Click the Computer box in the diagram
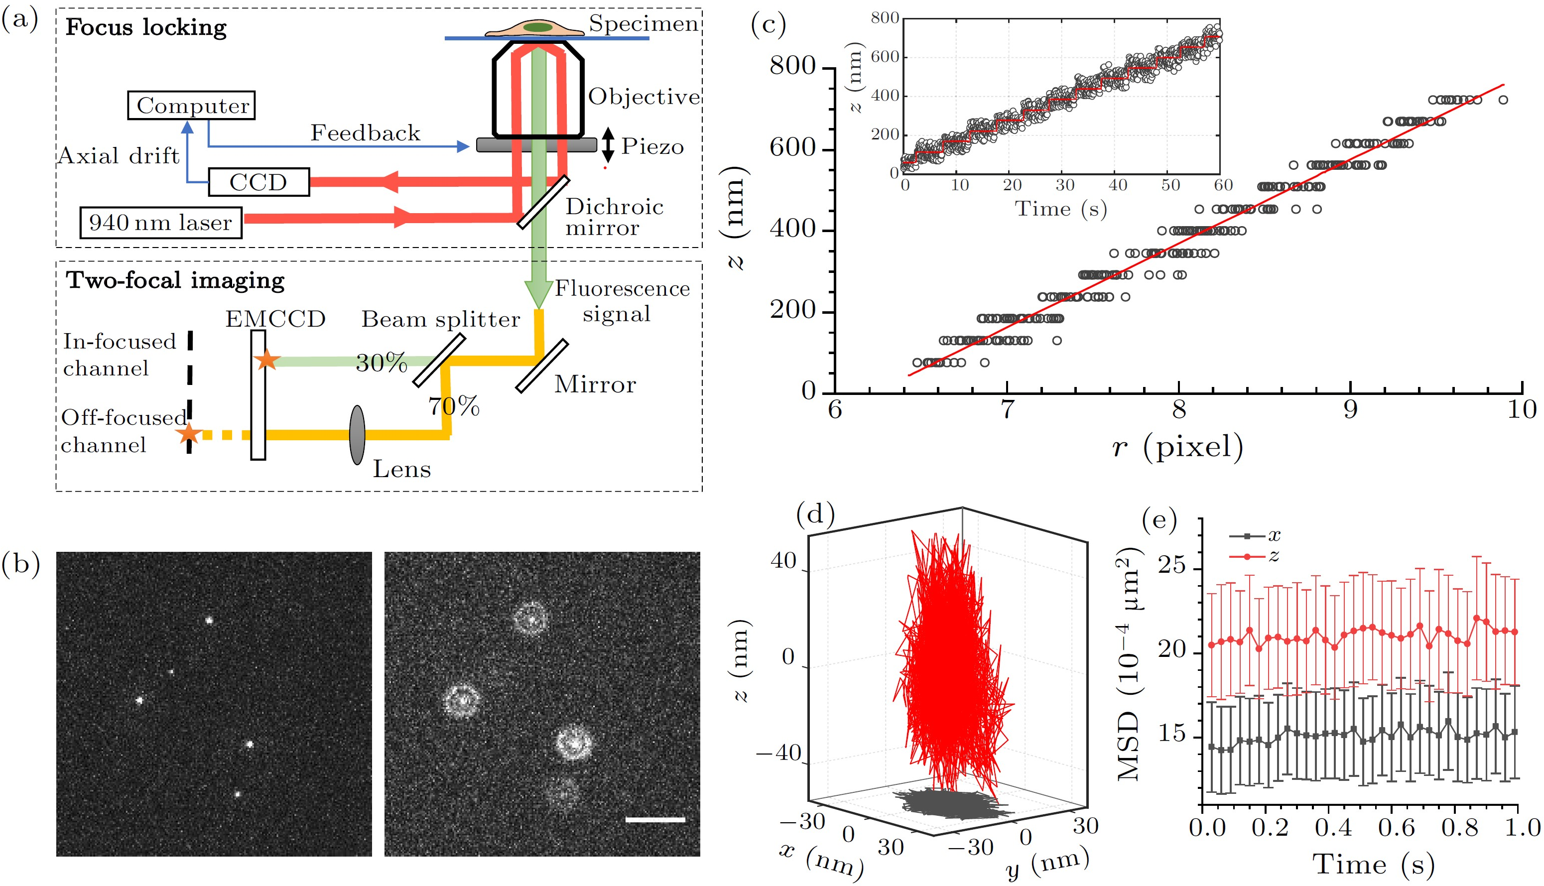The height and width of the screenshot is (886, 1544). click(x=191, y=105)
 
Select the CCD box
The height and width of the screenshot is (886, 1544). click(x=258, y=182)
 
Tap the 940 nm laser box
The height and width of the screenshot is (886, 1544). click(x=160, y=223)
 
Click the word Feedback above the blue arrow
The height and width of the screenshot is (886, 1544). click(x=365, y=132)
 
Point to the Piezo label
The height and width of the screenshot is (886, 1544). click(x=652, y=146)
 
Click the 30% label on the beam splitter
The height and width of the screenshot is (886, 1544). click(x=382, y=363)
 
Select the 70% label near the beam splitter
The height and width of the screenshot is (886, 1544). click(x=454, y=406)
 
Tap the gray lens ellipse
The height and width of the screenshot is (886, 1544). click(x=357, y=435)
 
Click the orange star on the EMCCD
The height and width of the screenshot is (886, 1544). click(x=266, y=360)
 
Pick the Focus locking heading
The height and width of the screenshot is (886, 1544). click(x=146, y=27)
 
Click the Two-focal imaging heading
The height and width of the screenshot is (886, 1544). click(x=175, y=280)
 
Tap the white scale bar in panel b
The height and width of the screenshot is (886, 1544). click(x=655, y=820)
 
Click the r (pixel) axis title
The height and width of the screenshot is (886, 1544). click(x=1177, y=447)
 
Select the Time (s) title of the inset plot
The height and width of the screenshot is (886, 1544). click(x=1060, y=209)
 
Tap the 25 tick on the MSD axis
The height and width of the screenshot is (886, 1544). click(x=1171, y=566)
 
